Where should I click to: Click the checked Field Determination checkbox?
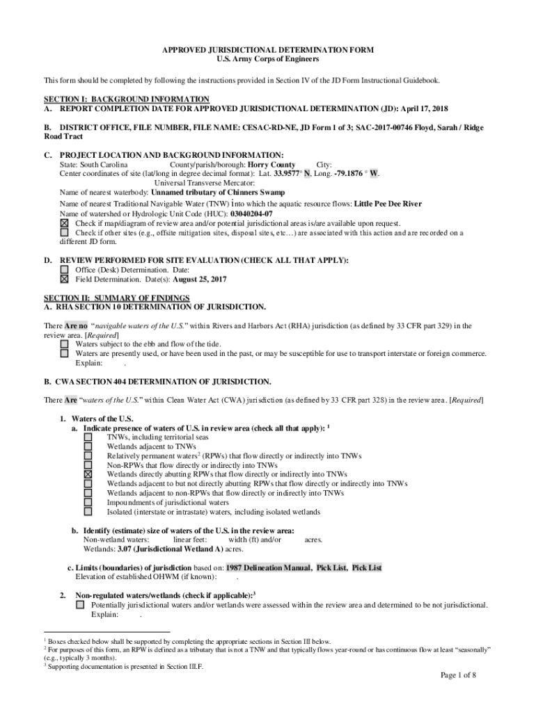64,280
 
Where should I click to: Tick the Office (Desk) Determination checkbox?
64,270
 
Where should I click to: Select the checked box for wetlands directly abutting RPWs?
88,475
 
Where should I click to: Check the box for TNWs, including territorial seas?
88,438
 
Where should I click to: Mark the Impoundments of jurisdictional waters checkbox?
88,503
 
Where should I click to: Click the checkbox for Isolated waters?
88,512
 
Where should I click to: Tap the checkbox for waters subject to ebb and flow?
64,344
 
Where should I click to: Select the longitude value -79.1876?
346,174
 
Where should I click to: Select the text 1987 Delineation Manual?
268,568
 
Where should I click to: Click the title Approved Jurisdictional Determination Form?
268,50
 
